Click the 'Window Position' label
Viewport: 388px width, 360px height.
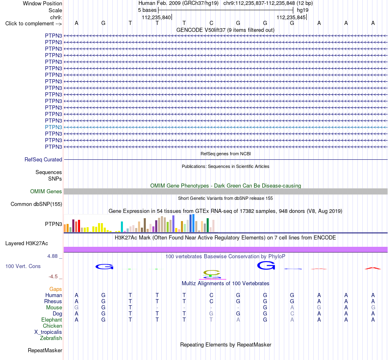(42, 3)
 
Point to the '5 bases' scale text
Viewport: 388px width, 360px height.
(147, 10)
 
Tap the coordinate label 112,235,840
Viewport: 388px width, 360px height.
(156, 17)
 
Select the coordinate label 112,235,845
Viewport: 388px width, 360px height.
(291, 17)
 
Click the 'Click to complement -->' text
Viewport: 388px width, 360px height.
(33, 24)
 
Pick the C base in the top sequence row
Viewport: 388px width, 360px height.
(211, 23)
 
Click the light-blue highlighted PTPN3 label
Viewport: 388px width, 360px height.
(54, 127)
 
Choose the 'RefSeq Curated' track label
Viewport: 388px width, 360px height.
(43, 159)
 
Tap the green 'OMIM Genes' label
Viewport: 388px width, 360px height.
(46, 191)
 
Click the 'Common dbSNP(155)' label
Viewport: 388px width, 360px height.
(36, 204)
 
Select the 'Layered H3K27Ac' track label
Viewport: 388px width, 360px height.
(27, 244)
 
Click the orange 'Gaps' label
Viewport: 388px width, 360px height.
(56, 289)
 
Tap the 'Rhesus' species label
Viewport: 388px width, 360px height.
(53, 301)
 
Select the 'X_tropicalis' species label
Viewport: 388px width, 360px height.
(48, 332)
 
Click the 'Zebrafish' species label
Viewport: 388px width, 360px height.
(51, 338)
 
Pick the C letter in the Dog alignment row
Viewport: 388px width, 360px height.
(292, 313)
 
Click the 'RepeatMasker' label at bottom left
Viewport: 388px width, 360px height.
(45, 350)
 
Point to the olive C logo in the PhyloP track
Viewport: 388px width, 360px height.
(212, 273)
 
